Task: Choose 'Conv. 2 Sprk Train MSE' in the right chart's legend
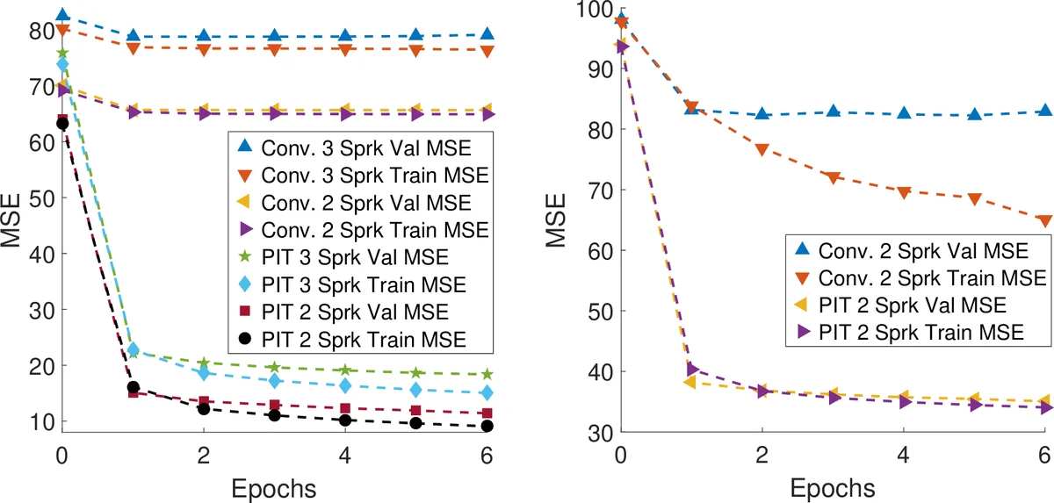[x=933, y=277]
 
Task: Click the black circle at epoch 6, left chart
[x=487, y=426]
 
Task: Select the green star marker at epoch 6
[x=487, y=374]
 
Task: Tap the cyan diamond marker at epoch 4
[x=345, y=385]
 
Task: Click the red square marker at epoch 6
[x=487, y=413]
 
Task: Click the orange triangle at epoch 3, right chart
[x=833, y=178]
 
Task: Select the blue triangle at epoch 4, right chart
[x=903, y=113]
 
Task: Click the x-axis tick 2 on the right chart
[x=762, y=456]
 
